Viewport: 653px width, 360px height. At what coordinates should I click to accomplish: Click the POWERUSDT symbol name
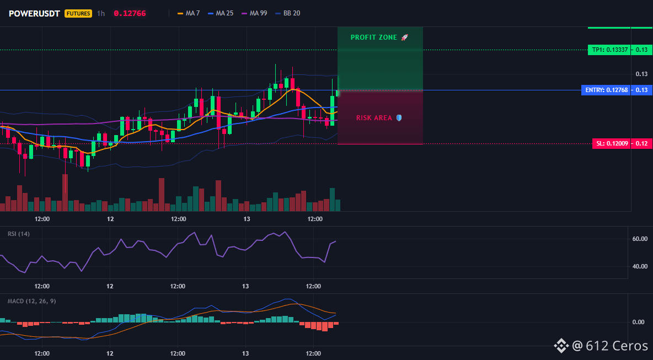(x=35, y=13)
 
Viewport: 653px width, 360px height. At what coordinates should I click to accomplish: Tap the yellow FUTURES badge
(x=78, y=13)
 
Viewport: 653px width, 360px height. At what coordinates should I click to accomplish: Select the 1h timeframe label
(x=101, y=13)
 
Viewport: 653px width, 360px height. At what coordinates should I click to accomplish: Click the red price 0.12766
(x=130, y=13)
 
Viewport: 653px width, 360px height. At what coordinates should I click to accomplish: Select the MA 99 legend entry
(x=254, y=13)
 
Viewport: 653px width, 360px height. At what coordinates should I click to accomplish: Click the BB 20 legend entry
(x=288, y=13)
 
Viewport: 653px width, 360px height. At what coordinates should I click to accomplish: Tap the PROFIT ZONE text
(x=374, y=37)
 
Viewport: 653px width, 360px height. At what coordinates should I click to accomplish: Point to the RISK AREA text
(x=374, y=118)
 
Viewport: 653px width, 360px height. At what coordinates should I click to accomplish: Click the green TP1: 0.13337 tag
(x=608, y=50)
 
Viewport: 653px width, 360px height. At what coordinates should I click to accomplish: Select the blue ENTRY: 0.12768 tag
(x=606, y=90)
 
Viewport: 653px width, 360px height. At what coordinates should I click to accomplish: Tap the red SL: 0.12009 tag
(x=611, y=143)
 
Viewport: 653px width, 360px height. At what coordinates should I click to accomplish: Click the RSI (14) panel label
(x=19, y=234)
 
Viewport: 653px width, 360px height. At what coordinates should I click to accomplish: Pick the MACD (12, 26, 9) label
(x=31, y=301)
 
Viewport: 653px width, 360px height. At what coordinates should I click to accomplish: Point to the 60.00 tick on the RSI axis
(x=640, y=239)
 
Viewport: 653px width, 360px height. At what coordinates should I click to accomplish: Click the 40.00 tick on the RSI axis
(x=640, y=266)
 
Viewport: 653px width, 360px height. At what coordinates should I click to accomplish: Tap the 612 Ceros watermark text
(x=617, y=346)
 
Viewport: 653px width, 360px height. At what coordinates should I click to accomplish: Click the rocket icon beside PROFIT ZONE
(x=404, y=37)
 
